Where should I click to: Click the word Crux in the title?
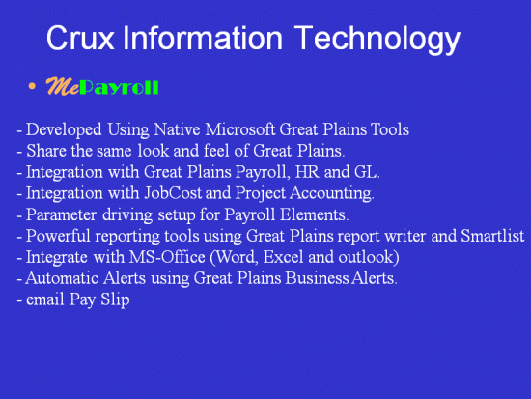80,38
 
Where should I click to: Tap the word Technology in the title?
377,40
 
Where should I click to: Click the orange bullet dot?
32,86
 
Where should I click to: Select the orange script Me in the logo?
63,86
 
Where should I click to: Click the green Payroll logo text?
119,88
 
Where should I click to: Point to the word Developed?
64,130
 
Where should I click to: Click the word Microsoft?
239,129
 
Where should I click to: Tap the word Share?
46,151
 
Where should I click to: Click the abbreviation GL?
367,172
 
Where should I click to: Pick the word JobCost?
173,193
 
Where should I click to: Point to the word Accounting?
332,194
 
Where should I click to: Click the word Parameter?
61,214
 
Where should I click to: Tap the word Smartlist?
492,236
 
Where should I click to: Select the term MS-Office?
167,257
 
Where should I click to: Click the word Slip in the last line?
115,300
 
